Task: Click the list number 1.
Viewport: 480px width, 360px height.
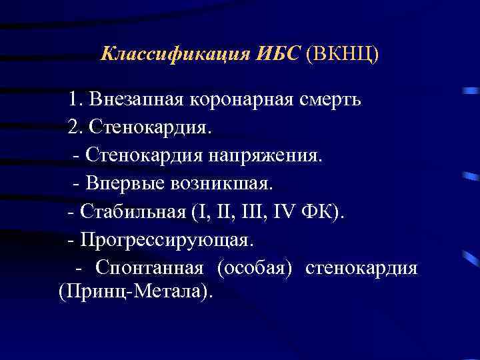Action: point(73,100)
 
